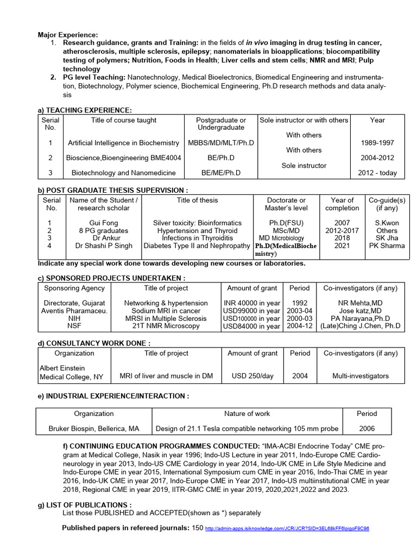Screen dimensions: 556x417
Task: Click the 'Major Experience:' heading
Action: click(67, 35)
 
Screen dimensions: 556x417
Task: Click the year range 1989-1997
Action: click(377, 143)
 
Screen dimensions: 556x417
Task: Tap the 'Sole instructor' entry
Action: click(304, 165)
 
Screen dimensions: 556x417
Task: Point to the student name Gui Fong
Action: click(103, 223)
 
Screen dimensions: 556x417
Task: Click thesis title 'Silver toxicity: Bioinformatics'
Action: click(197, 223)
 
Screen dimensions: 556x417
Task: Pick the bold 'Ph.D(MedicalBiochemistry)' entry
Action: click(286, 249)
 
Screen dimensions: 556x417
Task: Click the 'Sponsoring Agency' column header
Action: click(74, 288)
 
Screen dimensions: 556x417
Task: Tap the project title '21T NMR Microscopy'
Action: click(166, 326)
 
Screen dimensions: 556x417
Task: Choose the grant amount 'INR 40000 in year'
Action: click(252, 303)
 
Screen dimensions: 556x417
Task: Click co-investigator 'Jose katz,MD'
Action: click(361, 311)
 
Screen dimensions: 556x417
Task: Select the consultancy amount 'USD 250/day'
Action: click(252, 376)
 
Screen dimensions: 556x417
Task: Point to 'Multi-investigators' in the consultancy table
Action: click(361, 376)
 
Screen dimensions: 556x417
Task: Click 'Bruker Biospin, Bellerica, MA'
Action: click(93, 428)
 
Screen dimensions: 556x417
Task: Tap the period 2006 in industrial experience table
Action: click(367, 428)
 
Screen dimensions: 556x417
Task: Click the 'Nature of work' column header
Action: click(247, 413)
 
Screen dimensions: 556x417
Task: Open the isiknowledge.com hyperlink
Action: click(287, 528)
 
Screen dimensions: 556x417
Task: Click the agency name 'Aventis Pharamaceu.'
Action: click(74, 311)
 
